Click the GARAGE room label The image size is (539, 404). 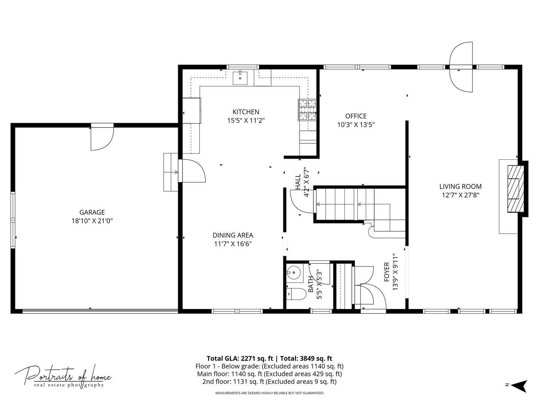click(92, 212)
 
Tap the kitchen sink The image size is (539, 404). click(240, 77)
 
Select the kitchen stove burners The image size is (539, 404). click(307, 110)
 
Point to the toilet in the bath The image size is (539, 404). click(296, 294)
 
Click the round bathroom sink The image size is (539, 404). click(294, 273)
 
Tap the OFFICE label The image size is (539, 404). click(356, 116)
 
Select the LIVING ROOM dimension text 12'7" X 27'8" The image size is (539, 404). click(460, 195)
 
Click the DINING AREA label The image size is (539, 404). click(233, 235)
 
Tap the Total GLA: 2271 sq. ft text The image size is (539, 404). click(240, 358)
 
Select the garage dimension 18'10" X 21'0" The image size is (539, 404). click(92, 221)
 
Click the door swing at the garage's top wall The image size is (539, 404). click(102, 137)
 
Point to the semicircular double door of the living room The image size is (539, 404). click(461, 67)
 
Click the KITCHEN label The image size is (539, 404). click(246, 112)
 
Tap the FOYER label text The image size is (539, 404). click(387, 272)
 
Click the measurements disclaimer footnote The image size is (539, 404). click(269, 393)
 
